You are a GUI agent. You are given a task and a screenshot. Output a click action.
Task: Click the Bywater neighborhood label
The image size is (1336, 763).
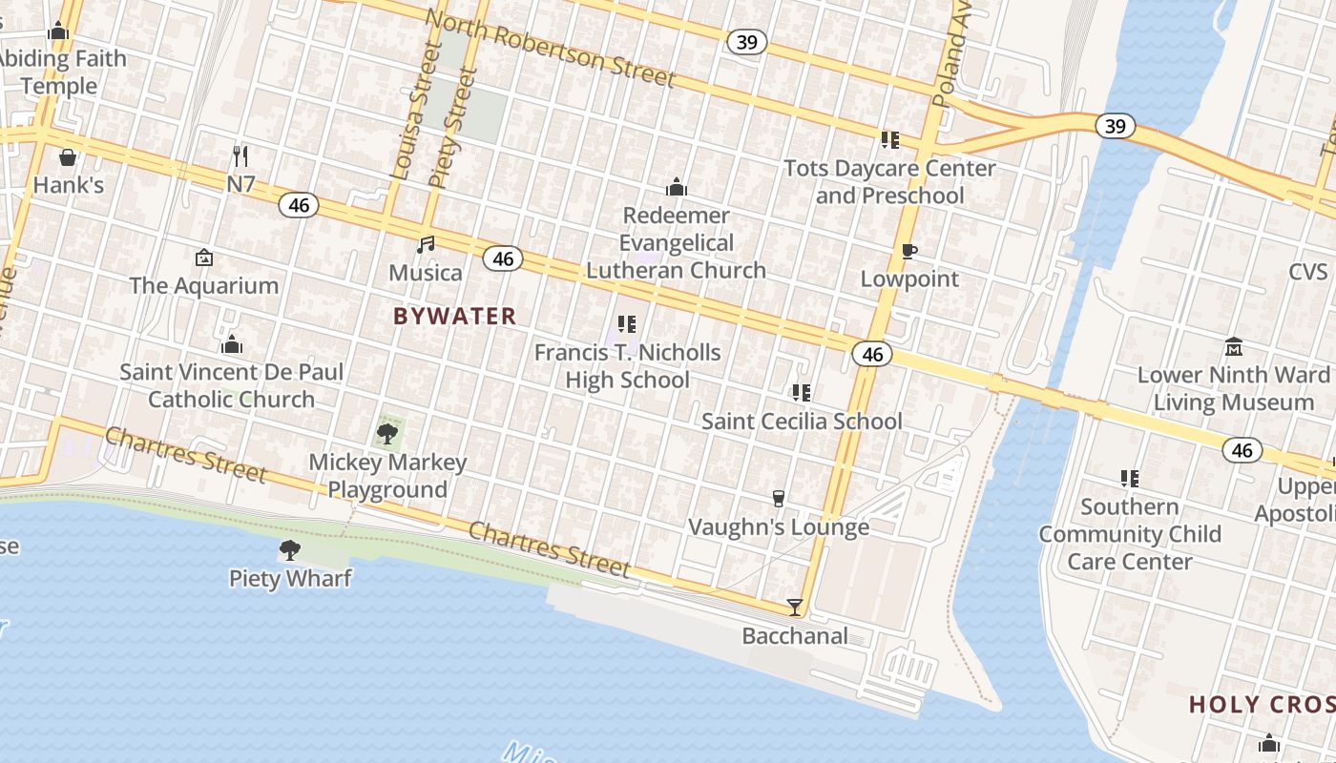pyautogui.click(x=454, y=316)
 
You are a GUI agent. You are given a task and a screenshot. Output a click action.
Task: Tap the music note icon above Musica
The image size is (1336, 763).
pyautogui.click(x=426, y=245)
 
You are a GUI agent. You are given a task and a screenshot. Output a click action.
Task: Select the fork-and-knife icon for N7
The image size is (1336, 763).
pyautogui.click(x=240, y=155)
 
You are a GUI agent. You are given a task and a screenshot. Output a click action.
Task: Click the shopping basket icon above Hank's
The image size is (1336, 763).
pyautogui.click(x=68, y=157)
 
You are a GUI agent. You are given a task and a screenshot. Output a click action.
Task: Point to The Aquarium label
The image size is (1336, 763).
pyautogui.click(x=204, y=285)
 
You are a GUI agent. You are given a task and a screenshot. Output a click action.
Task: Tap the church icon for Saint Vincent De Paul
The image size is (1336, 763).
pyautogui.click(x=231, y=344)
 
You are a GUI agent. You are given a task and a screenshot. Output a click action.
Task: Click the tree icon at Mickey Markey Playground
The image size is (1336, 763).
pyautogui.click(x=387, y=435)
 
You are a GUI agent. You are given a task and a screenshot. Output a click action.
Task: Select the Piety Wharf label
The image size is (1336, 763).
pyautogui.click(x=290, y=578)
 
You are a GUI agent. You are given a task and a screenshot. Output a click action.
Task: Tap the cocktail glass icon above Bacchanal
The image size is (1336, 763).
pyautogui.click(x=794, y=607)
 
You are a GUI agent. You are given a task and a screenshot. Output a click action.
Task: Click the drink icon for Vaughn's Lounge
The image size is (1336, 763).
pyautogui.click(x=778, y=499)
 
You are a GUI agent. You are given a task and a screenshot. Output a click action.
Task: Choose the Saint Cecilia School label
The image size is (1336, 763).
pyautogui.click(x=802, y=421)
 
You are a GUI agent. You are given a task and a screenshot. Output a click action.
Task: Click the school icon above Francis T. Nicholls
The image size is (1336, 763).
pyautogui.click(x=626, y=324)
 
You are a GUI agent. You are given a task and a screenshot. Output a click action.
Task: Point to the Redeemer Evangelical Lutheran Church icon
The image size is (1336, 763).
pyautogui.click(x=676, y=187)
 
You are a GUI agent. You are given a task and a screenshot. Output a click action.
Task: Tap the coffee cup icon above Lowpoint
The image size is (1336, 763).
pyautogui.click(x=909, y=252)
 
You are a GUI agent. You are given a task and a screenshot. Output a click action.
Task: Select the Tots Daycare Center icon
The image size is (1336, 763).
pyautogui.click(x=889, y=140)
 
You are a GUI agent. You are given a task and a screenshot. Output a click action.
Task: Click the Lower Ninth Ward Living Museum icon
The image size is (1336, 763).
pyautogui.click(x=1233, y=346)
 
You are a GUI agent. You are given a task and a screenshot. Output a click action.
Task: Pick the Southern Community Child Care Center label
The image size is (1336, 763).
pyautogui.click(x=1130, y=534)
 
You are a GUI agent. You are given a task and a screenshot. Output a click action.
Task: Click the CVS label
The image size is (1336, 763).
pyautogui.click(x=1307, y=272)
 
